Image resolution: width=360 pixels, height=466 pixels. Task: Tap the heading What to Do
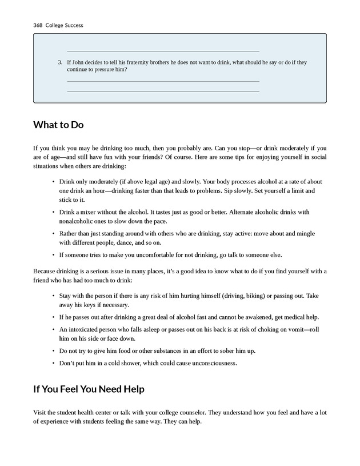(x=58, y=125)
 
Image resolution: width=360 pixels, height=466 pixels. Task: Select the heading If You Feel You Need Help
(x=89, y=389)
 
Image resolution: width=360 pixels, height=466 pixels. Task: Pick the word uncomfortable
(x=161, y=255)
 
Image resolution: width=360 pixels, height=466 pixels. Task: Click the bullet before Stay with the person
(x=53, y=296)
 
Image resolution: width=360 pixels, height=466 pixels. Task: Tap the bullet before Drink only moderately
(x=53, y=181)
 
